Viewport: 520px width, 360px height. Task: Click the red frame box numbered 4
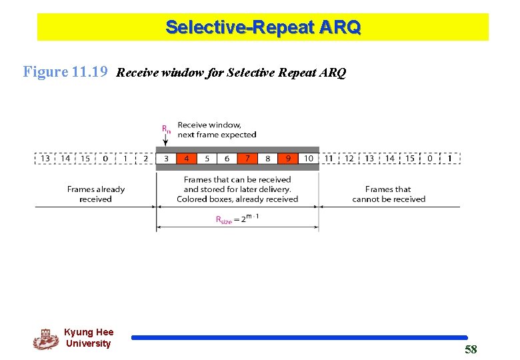pos(186,159)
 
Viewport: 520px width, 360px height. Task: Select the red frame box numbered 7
pos(247,159)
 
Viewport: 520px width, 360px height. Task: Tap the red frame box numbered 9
pos(288,159)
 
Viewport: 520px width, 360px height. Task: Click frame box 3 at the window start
pos(166,159)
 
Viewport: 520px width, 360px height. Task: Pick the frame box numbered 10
pos(309,159)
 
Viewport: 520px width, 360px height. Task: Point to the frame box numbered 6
pos(227,159)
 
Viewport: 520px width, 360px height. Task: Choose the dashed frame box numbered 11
pos(329,159)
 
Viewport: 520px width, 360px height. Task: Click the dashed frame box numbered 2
pos(145,159)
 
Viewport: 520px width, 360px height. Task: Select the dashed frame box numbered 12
pos(349,159)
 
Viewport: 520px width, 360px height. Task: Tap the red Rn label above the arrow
pos(165,129)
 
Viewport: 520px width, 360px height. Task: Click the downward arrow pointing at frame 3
pos(165,141)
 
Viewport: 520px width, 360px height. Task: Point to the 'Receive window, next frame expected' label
pos(217,129)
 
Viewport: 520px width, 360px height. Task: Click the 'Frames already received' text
pos(96,194)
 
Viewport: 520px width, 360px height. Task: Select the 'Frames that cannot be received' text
pos(389,194)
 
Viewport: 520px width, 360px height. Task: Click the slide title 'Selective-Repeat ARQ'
pos(263,27)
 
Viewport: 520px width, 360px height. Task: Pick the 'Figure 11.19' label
pos(65,72)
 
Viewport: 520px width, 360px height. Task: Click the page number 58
pos(471,349)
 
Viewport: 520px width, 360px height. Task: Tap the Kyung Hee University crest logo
pos(46,339)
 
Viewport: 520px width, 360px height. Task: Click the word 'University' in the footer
pos(88,343)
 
